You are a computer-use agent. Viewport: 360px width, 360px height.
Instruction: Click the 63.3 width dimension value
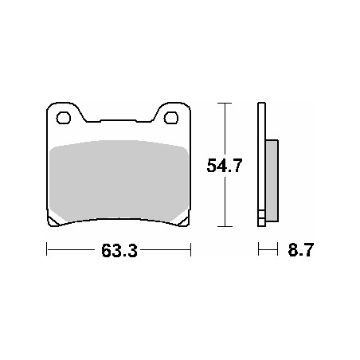pos(119,251)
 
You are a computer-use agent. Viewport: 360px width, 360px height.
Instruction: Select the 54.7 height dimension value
pos(225,166)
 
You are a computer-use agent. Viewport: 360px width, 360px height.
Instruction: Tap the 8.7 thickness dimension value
pos(301,250)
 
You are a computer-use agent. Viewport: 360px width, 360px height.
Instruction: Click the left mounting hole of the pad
pos(64,118)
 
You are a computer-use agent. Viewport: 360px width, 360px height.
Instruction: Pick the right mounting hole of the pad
pos(171,118)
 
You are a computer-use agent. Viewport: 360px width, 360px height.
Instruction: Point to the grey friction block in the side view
pos(272,181)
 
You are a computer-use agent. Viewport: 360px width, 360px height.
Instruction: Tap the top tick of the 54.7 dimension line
pos(225,103)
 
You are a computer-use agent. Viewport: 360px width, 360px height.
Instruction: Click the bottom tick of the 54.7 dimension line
pos(225,226)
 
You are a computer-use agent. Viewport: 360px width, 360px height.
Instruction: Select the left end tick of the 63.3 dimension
pos(47,249)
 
